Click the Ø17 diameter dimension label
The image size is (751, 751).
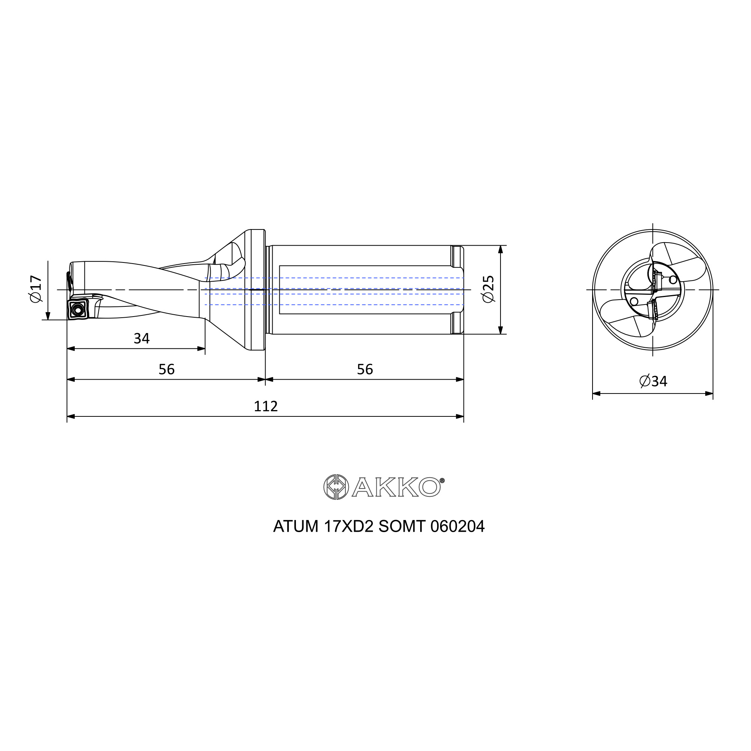(35, 289)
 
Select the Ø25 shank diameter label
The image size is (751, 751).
(488, 289)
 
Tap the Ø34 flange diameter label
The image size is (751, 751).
(653, 382)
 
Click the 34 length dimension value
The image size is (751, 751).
(142, 339)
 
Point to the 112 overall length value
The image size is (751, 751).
(266, 406)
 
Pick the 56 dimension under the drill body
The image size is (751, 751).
(167, 369)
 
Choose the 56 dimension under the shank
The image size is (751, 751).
(365, 369)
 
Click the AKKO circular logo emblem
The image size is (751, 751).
(336, 487)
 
